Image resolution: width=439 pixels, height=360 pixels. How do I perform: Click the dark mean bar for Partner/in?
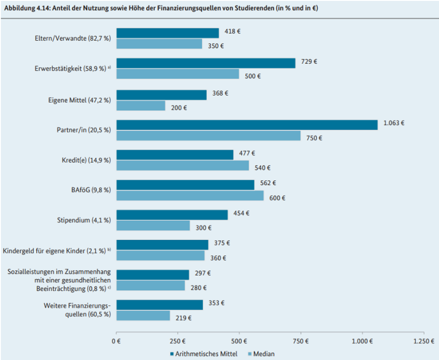point(247,124)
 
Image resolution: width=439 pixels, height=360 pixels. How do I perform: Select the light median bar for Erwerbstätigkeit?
point(178,74)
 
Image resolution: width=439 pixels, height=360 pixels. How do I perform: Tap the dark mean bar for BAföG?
point(185,185)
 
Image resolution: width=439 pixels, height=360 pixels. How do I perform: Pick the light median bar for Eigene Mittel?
point(141,106)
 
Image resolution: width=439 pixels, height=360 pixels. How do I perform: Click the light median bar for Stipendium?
point(153,226)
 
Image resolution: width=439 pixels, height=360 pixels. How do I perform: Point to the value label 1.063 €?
point(394,123)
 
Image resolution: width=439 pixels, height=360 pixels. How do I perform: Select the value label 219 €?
point(183,318)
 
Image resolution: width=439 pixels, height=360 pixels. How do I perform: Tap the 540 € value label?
point(262,168)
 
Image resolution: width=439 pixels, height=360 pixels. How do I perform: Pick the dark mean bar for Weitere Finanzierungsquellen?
point(160,305)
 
